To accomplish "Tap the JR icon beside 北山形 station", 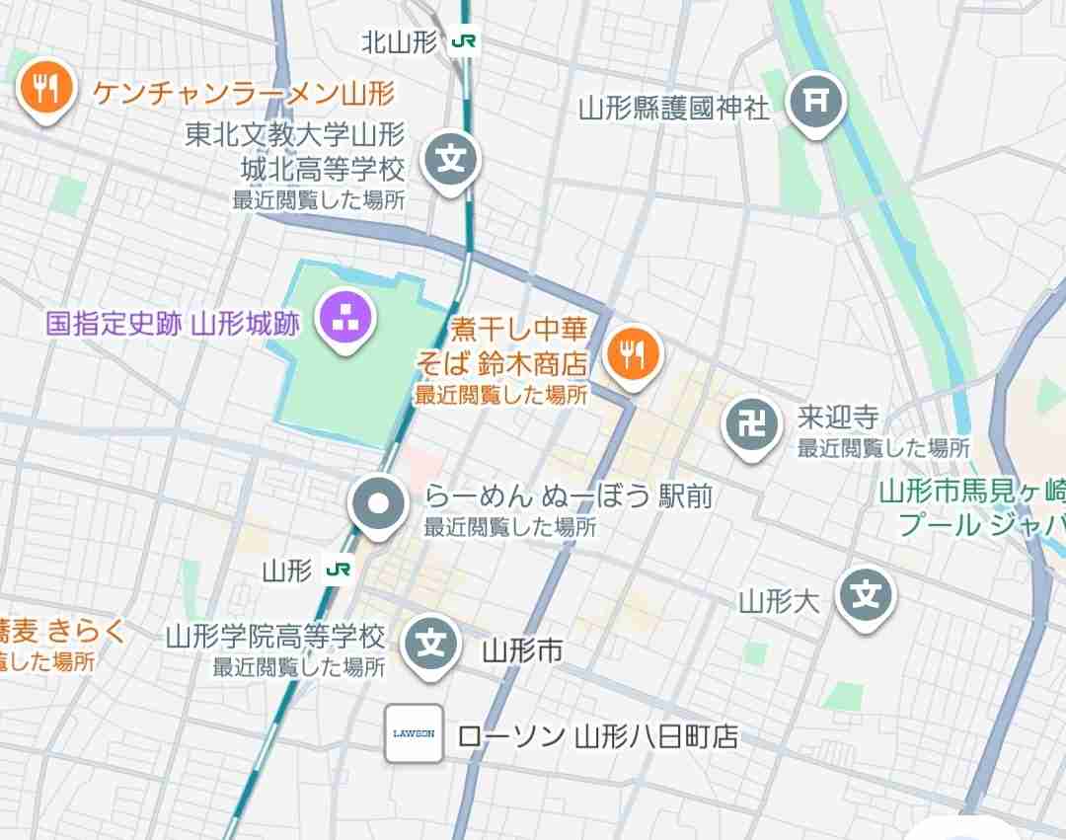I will point(461,41).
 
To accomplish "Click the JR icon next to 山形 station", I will point(338,570).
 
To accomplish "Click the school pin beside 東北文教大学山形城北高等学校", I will point(451,160).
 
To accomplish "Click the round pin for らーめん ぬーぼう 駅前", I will point(379,504).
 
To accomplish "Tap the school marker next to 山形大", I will point(867,595).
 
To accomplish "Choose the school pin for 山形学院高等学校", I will point(431,644).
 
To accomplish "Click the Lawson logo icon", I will point(414,733).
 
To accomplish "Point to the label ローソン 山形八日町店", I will point(598,736).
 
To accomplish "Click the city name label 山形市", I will point(522,650).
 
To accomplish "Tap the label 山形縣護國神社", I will point(674,107).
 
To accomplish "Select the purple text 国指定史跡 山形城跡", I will point(173,323).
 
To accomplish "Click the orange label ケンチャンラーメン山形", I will point(244,94).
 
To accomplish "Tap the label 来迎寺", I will point(838,418).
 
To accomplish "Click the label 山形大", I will point(780,600).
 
